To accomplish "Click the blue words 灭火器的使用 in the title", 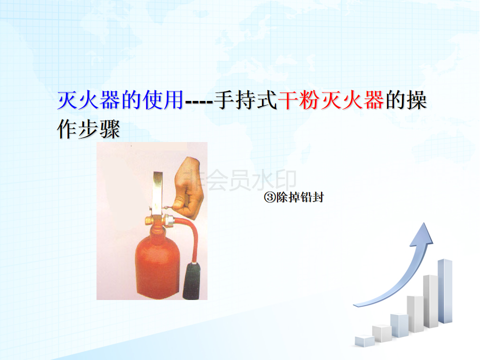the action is point(120,100).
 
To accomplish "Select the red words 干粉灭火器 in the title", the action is point(331,100).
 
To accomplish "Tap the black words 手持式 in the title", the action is point(245,100).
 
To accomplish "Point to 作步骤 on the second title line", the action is point(88,129).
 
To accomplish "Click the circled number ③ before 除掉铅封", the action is point(269,197).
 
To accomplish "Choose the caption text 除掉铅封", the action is point(300,197).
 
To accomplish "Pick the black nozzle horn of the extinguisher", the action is point(192,280).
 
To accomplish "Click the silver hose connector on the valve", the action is point(169,220).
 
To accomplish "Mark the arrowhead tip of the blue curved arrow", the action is point(424,223).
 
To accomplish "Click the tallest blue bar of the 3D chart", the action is point(445,291).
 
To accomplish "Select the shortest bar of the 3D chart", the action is point(364,341).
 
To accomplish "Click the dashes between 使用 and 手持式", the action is point(199,101).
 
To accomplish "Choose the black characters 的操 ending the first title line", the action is point(406,100).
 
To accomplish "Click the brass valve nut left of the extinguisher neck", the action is point(148,220).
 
